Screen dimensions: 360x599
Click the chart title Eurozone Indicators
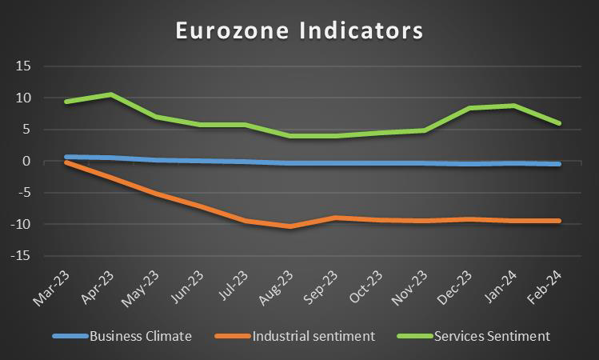point(299,31)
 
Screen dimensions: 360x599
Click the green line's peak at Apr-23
point(110,94)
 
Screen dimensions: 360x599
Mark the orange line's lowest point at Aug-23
point(290,226)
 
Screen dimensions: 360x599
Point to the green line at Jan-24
point(514,106)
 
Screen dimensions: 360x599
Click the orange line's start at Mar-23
point(66,162)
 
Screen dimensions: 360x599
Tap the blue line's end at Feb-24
point(558,164)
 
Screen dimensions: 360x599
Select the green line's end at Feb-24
point(558,123)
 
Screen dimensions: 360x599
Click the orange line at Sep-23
point(334,218)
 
